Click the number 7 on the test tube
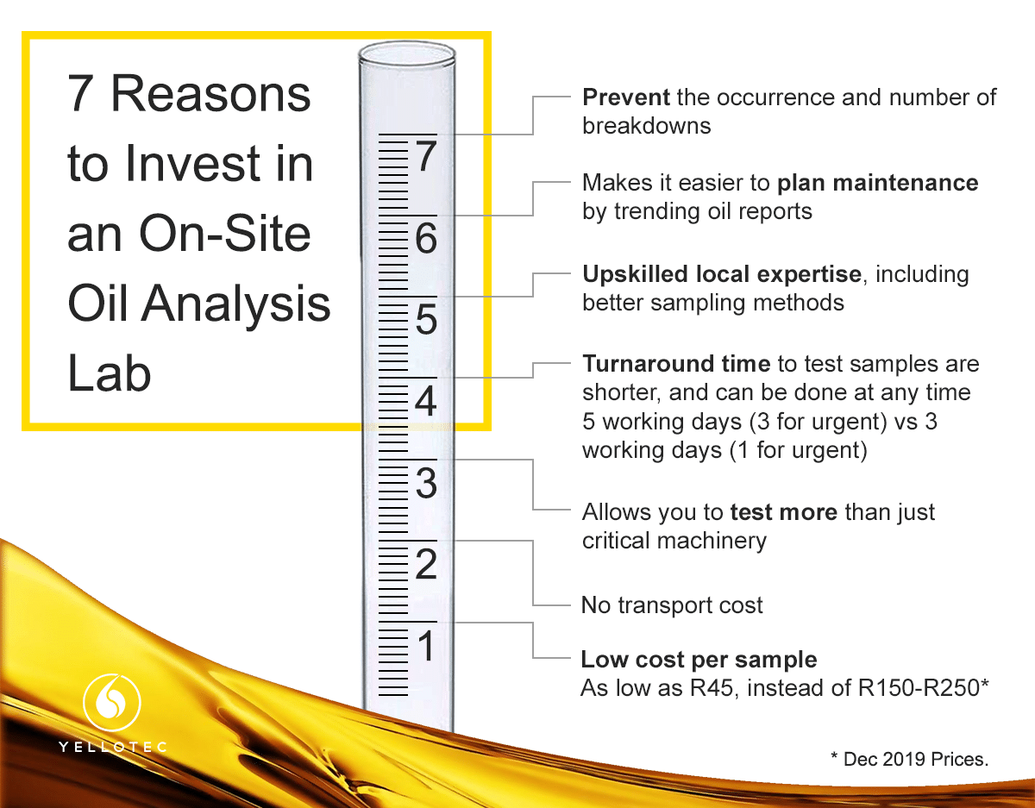click(426, 156)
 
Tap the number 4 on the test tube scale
click(426, 401)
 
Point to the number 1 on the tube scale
click(427, 646)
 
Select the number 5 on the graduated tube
click(426, 319)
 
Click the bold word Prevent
click(626, 97)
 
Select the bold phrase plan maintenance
click(877, 184)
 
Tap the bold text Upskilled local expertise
click(722, 275)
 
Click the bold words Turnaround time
click(676, 364)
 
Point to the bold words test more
click(783, 512)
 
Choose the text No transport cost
click(672, 605)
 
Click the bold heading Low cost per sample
click(699, 660)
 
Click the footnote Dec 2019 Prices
click(915, 760)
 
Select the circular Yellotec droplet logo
click(112, 702)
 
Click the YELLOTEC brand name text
click(112, 747)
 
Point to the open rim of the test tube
click(407, 53)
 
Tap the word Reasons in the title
click(210, 93)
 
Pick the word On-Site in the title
click(225, 234)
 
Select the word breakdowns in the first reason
click(646, 126)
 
